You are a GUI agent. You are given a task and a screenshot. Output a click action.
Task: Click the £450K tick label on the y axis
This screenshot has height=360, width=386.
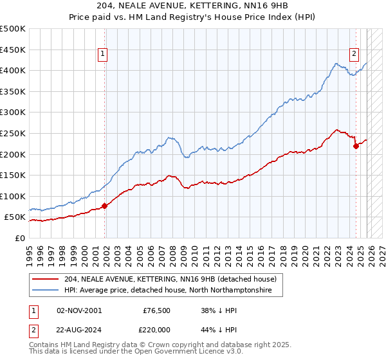[13, 50]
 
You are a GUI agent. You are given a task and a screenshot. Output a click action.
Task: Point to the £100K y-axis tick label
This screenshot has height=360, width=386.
[13, 196]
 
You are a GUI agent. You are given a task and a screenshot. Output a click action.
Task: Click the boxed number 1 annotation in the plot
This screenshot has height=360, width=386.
[103, 55]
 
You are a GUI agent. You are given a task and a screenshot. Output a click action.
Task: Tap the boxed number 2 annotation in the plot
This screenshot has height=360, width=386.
[354, 55]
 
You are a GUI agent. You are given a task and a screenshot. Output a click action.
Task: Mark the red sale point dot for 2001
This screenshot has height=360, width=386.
[105, 206]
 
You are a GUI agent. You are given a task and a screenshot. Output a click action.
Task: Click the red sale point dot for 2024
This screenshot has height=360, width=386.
[356, 146]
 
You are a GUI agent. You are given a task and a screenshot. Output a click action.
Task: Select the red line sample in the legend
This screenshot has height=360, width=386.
[45, 279]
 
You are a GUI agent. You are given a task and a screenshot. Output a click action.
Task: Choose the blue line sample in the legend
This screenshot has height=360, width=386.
[45, 291]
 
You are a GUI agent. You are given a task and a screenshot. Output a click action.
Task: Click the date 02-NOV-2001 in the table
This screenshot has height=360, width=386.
[78, 310]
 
